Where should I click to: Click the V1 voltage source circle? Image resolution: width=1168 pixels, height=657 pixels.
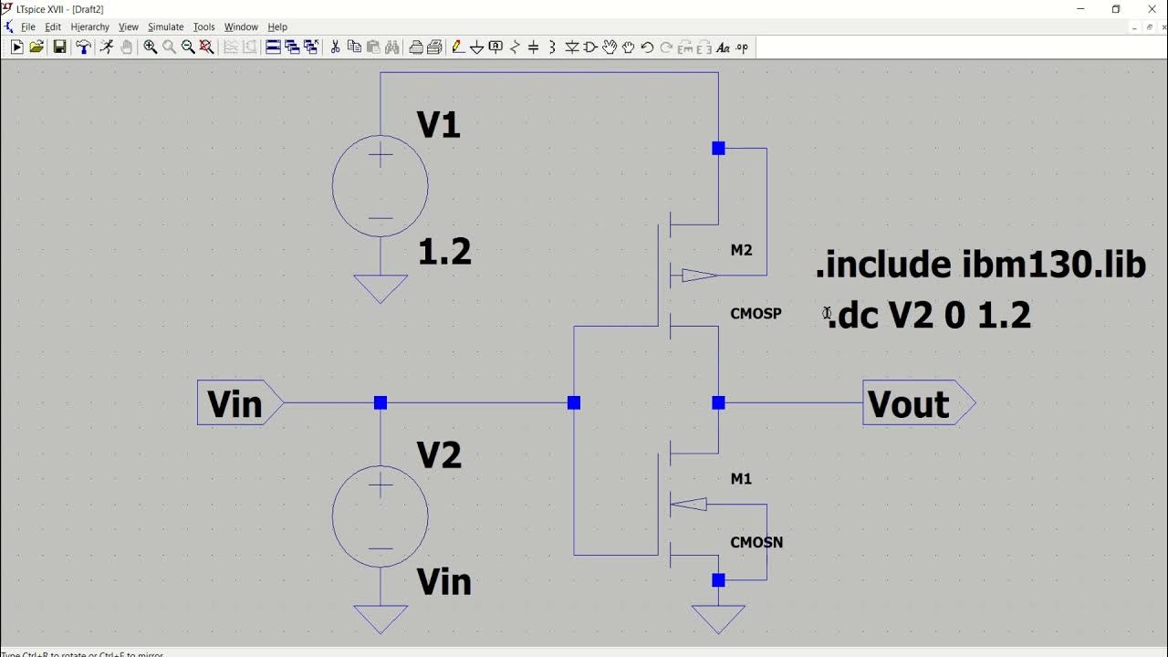pyautogui.click(x=381, y=186)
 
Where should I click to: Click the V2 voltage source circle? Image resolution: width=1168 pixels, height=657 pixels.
pyautogui.click(x=381, y=516)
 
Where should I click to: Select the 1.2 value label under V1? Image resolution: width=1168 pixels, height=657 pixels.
pyautogui.click(x=444, y=253)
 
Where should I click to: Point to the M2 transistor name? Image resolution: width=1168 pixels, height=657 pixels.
pyautogui.click(x=741, y=250)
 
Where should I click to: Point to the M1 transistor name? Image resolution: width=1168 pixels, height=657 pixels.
pyautogui.click(x=741, y=479)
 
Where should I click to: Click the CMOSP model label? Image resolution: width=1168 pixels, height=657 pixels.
pyautogui.click(x=756, y=314)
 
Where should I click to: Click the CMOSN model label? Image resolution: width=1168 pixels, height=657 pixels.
pyautogui.click(x=756, y=542)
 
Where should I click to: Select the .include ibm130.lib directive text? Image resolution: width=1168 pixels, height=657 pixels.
pyautogui.click(x=980, y=265)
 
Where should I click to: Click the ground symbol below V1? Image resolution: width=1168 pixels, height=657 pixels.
pyautogui.click(x=381, y=289)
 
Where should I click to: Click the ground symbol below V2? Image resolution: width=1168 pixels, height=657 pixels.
pyautogui.click(x=381, y=620)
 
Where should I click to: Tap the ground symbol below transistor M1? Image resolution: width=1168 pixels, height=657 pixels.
pyautogui.click(x=718, y=620)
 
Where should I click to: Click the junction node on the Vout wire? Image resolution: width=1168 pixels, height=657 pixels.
pyautogui.click(x=718, y=402)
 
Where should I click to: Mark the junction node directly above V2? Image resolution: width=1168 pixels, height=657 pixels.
pyautogui.click(x=381, y=402)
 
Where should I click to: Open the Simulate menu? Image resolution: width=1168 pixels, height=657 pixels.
pyautogui.click(x=165, y=27)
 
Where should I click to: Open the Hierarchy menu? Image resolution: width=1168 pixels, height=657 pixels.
pyautogui.click(x=89, y=27)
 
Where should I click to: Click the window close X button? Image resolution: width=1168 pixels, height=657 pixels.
pyautogui.click(x=1152, y=9)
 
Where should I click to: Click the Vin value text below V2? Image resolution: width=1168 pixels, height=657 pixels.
pyautogui.click(x=444, y=582)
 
